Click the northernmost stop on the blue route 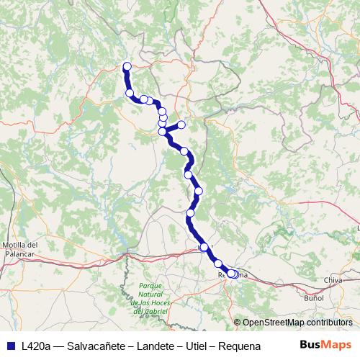127,67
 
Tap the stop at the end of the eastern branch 181,125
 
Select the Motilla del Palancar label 20,249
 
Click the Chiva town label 333,279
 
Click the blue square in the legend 10,346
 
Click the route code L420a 37,346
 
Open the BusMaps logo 325,345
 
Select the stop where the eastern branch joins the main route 163,131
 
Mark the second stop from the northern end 130,93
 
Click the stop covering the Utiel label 204,247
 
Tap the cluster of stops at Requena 233,274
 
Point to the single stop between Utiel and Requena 218,264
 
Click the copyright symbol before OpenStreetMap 237,323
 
